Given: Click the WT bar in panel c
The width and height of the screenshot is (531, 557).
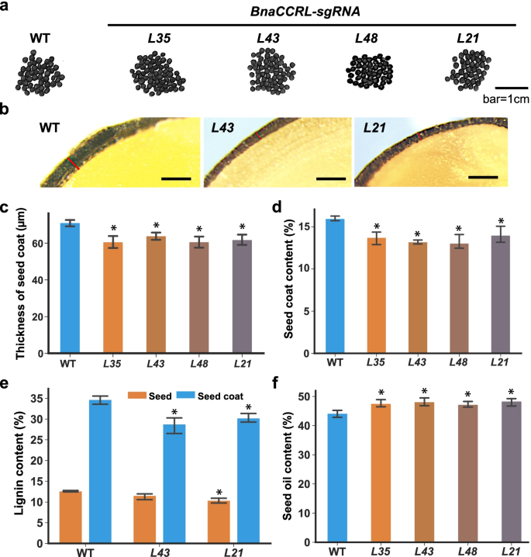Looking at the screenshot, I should [x=69, y=288].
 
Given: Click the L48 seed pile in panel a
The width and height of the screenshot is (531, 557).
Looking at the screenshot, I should [x=371, y=74].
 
